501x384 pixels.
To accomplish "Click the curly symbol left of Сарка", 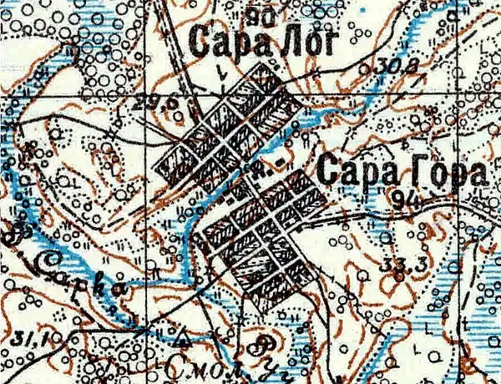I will click(16, 235).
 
